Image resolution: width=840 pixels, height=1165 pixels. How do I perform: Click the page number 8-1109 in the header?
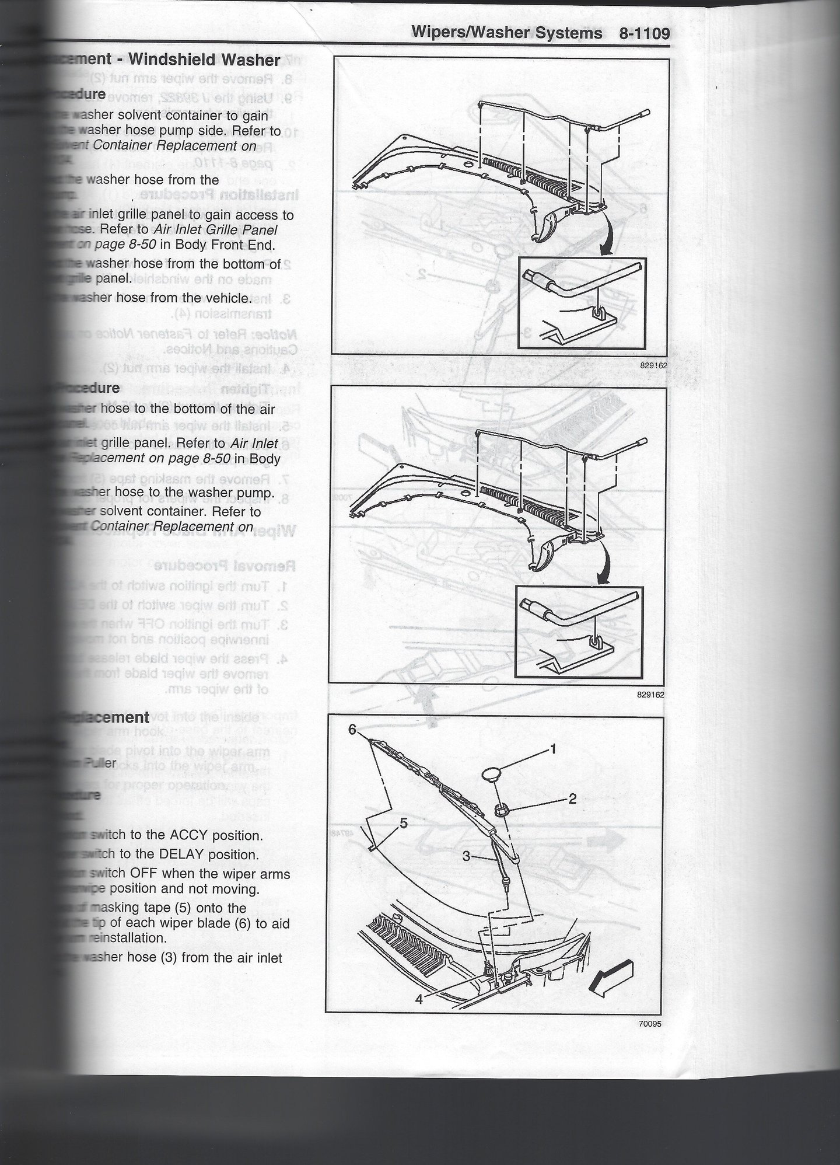point(644,33)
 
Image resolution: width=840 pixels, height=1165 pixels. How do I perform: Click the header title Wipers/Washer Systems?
point(506,33)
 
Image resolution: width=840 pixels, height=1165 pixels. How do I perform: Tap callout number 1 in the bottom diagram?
point(553,748)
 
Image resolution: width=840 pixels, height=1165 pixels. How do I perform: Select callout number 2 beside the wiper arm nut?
point(572,798)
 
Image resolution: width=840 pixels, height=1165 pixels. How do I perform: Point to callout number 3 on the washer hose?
point(467,856)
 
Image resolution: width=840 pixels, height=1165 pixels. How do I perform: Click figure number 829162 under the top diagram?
point(653,365)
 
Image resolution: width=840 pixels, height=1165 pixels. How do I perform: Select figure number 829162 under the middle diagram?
point(650,695)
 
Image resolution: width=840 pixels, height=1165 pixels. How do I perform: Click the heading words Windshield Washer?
point(204,60)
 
